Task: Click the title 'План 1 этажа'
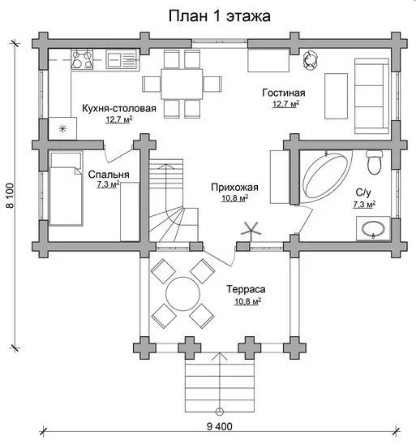tap(219, 16)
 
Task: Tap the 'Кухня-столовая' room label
tap(119, 109)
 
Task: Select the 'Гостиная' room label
tap(284, 93)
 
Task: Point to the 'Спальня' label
tap(109, 175)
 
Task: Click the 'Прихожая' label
tap(234, 188)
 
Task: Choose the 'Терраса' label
tap(246, 289)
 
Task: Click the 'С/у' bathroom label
tap(363, 192)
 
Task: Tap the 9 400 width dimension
tap(219, 426)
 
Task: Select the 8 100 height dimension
tap(10, 196)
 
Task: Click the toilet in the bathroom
tap(375, 162)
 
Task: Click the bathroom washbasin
tap(373, 228)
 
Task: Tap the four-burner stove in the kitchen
tap(82, 59)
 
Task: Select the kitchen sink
tap(122, 59)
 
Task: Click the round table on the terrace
tap(183, 294)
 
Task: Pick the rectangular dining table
tap(182, 84)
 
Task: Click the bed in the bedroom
tap(66, 188)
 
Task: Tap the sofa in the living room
tap(371, 96)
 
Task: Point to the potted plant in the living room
tap(311, 61)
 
